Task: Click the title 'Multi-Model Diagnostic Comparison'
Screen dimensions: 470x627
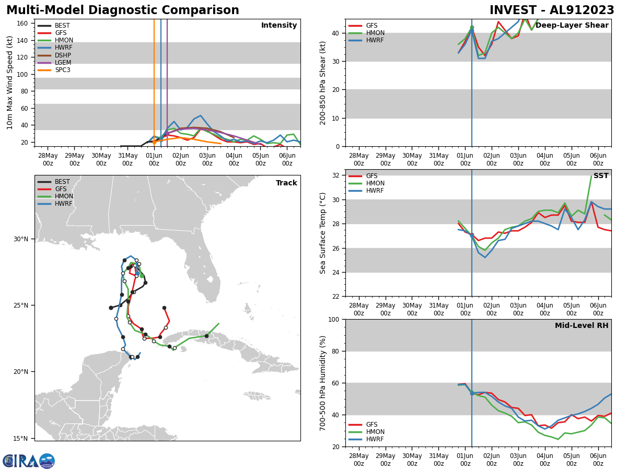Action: point(123,10)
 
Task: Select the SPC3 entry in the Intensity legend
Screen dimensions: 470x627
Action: point(62,70)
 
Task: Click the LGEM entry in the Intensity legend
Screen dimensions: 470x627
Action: point(63,63)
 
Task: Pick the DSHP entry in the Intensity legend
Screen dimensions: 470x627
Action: point(63,55)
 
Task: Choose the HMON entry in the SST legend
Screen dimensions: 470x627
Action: point(375,183)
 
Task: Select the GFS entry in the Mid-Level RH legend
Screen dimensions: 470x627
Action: point(371,425)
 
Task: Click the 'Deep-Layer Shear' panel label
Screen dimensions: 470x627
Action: point(572,26)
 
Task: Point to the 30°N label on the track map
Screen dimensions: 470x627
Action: point(21,239)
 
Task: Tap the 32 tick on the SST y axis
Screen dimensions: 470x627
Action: point(335,175)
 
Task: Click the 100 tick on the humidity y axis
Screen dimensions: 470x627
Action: point(333,319)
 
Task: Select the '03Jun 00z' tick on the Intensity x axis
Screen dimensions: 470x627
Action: point(207,159)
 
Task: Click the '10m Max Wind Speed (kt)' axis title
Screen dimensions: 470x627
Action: point(10,83)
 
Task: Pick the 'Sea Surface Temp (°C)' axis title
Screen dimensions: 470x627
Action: point(323,233)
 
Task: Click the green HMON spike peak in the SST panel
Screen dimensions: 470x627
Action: point(591,176)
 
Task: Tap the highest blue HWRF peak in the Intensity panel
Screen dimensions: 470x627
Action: point(200,115)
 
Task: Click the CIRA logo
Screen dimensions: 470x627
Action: point(28,461)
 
